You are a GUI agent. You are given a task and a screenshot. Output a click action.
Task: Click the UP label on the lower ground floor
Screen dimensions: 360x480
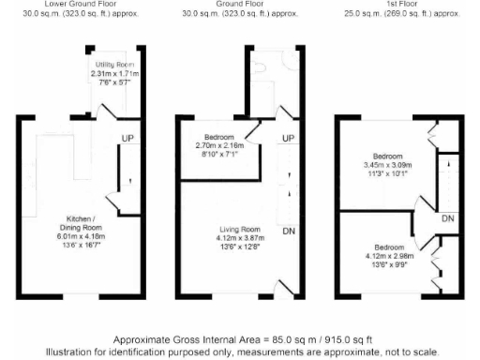coord(126,140)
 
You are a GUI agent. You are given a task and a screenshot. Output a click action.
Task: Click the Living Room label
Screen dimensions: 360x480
coord(238,230)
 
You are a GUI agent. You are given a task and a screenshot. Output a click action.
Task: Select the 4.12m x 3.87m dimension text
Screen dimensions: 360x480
coord(238,240)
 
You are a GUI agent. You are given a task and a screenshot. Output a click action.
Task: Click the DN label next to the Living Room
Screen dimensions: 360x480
coord(290,230)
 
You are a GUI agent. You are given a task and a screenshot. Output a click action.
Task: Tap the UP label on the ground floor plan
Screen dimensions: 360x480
coord(289,139)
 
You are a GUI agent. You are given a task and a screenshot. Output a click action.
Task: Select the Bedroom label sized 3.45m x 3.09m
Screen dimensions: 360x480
coord(387,156)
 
